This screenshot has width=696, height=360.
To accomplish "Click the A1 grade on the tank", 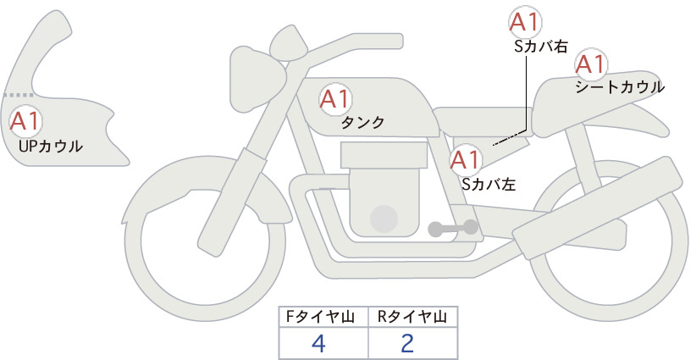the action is (335, 99).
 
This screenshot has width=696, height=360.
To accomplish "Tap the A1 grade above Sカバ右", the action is (525, 22).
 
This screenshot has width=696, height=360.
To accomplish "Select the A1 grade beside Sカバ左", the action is (466, 160).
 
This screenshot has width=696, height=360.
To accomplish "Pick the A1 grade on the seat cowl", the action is (591, 64).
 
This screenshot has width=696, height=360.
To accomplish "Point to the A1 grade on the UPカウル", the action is (25, 121).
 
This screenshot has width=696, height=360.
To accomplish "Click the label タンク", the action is (362, 123).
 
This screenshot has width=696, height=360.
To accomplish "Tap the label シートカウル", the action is (620, 87).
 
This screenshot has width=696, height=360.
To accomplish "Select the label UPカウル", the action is (51, 146).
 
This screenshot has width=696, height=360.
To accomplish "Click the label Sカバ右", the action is (541, 47).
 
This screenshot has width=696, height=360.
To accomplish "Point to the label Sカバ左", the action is (489, 184).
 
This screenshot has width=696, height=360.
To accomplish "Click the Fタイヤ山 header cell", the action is (323, 317).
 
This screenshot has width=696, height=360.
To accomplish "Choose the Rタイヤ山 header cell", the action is (413, 317).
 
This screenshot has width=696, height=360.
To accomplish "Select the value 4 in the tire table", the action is (319, 343).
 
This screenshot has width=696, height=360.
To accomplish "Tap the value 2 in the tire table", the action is (407, 343).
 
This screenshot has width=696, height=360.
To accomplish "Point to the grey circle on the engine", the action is (384, 219).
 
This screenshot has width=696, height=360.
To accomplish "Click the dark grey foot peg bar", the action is (453, 228).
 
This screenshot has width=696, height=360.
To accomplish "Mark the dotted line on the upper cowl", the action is (19, 95).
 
